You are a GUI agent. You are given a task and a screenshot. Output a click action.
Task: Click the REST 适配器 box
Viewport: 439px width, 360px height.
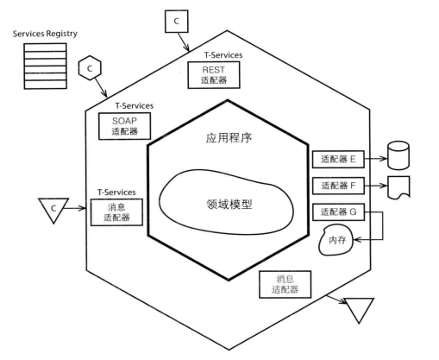tap(214, 75)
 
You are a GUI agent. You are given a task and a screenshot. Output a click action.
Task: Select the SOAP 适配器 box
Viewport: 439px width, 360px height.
tap(124, 126)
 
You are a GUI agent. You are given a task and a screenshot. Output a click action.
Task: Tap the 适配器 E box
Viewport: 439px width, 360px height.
tap(338, 159)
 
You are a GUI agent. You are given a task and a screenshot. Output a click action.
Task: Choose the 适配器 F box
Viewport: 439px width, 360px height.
tap(338, 186)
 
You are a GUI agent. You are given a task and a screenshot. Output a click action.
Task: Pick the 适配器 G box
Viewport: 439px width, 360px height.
tap(338, 212)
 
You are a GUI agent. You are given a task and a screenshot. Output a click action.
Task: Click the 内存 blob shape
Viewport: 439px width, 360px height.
tap(336, 240)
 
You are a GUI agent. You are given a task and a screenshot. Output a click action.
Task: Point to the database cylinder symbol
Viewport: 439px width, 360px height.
tap(398, 155)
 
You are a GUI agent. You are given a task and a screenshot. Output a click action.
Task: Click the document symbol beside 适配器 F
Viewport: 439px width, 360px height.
tap(398, 187)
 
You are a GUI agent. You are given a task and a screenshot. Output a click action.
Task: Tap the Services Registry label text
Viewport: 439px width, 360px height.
tap(45, 34)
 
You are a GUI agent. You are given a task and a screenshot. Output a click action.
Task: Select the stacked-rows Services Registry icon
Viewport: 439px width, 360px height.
tap(46, 66)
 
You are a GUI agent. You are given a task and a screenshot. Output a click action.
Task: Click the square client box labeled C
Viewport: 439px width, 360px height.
tap(177, 22)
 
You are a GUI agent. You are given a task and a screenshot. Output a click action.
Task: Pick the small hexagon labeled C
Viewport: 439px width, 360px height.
tap(90, 68)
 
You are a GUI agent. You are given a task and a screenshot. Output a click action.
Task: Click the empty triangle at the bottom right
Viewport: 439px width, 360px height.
tap(359, 308)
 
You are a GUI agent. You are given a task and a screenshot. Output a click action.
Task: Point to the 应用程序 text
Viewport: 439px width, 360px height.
tap(229, 138)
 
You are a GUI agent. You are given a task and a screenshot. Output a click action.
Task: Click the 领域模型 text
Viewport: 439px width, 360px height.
tap(229, 204)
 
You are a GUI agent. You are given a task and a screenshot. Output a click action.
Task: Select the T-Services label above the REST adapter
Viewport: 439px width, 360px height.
tap(223, 55)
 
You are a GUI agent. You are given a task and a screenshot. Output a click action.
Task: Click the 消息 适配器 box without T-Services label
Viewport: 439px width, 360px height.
tap(285, 284)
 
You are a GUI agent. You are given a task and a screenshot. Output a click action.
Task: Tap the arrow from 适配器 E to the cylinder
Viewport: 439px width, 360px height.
tap(376, 159)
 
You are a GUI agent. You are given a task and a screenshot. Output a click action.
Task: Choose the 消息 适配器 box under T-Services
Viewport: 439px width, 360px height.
tap(116, 212)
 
